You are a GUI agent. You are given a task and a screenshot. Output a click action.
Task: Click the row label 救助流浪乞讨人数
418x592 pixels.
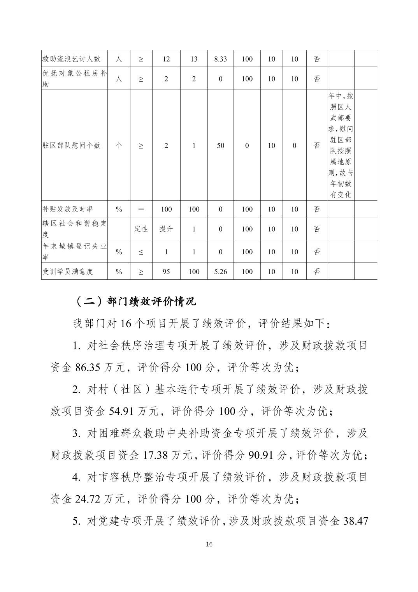(72, 59)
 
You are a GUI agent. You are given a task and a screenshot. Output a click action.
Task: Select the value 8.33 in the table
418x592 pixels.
(220, 59)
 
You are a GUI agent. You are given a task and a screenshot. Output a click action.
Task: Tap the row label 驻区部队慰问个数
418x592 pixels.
(72, 145)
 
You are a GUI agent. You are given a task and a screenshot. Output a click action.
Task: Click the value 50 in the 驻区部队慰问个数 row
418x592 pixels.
(220, 145)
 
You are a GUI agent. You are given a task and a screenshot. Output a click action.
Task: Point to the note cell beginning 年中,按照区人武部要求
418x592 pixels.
(341, 145)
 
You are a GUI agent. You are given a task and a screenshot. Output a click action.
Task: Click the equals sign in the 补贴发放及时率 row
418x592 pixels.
(141, 209)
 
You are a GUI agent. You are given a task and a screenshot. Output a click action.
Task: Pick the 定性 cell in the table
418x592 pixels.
(141, 229)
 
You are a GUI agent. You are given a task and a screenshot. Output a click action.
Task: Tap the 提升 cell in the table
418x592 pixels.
(166, 229)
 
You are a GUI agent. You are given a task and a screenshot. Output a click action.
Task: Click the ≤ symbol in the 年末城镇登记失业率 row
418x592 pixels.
(141, 252)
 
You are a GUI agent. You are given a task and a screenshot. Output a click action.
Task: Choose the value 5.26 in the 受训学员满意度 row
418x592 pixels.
(220, 271)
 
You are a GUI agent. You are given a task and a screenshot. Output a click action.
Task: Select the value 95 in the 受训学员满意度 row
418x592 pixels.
(166, 271)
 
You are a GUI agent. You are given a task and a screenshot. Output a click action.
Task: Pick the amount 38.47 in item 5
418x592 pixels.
(355, 521)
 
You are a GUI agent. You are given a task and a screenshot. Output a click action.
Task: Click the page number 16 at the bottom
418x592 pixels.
(209, 544)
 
